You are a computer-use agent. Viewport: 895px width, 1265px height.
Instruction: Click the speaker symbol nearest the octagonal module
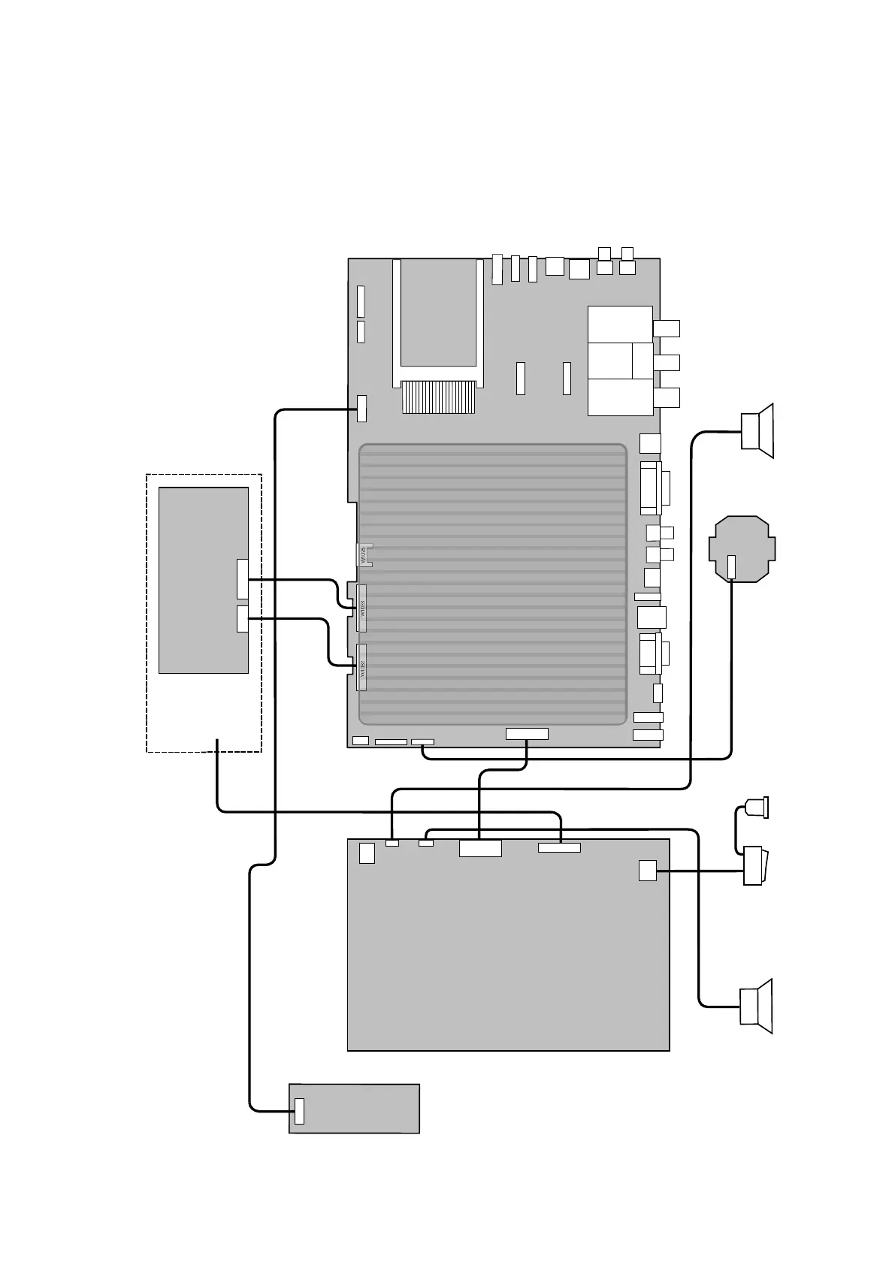tap(756, 430)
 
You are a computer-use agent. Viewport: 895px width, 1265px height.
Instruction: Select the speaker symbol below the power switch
tap(756, 1007)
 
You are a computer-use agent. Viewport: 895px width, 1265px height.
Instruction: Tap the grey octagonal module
tap(742, 548)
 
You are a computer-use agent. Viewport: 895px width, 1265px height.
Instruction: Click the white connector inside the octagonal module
tap(732, 566)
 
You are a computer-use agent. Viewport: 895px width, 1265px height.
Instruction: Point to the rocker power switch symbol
tap(753, 865)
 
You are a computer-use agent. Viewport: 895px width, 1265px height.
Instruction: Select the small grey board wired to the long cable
tap(354, 1108)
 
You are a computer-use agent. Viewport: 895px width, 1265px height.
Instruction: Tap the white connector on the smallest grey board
tap(299, 1110)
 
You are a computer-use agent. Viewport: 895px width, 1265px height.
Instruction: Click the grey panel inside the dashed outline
tap(203, 580)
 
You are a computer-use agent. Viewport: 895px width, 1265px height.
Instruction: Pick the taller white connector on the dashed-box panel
tap(242, 579)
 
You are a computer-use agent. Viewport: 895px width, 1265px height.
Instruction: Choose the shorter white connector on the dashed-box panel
tap(242, 618)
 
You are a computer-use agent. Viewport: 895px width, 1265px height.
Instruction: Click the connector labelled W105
tap(364, 554)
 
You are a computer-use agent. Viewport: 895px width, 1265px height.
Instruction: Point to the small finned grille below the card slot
tap(439, 397)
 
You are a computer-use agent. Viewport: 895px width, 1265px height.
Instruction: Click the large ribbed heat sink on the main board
tap(492, 584)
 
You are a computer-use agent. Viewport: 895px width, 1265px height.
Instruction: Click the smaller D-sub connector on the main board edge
tap(650, 653)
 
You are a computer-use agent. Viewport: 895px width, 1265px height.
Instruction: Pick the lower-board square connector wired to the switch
tap(647, 870)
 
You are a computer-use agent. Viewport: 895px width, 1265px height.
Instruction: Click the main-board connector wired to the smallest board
tap(362, 408)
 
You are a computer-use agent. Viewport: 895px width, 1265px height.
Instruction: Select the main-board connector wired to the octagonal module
tap(422, 742)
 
